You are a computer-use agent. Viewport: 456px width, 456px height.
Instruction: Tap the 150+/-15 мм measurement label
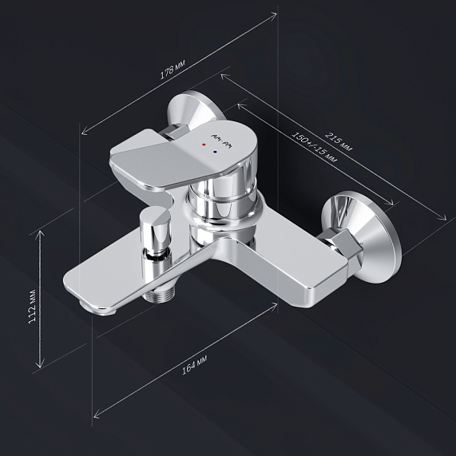coord(314,147)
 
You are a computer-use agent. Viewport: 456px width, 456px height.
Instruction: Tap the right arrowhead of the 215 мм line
coord(446,216)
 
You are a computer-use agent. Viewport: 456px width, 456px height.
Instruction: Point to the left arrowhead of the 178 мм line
coord(82,133)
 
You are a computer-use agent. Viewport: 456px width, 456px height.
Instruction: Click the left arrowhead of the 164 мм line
coord(95,414)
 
